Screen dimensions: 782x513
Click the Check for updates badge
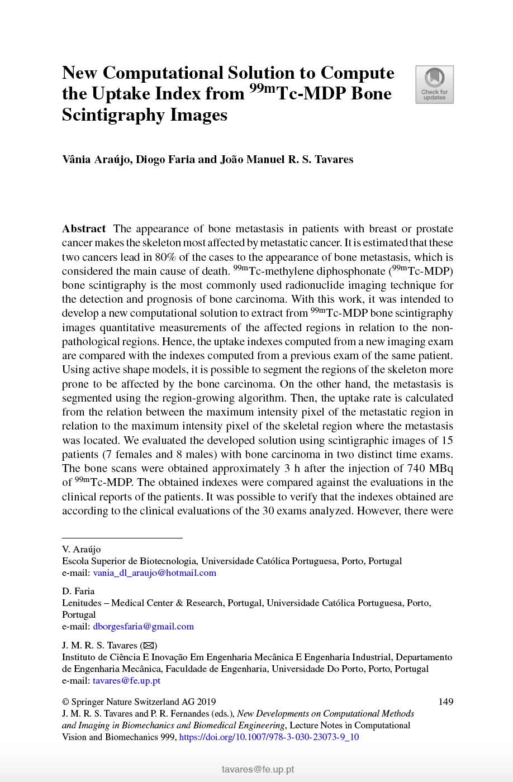434,85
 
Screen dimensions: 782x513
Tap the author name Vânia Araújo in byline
97,160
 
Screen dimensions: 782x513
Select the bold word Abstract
84,229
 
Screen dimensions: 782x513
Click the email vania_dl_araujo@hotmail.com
154,573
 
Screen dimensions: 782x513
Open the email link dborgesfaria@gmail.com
143,627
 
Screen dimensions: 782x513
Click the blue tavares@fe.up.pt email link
126,681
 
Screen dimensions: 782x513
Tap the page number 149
445,702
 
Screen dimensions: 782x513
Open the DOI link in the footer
269,737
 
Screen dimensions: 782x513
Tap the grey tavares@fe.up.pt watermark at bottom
258,770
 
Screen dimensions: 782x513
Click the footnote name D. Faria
78,592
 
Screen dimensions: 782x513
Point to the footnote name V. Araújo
82,550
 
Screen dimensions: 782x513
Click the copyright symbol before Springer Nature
65,702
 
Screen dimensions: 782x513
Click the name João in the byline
232,160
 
